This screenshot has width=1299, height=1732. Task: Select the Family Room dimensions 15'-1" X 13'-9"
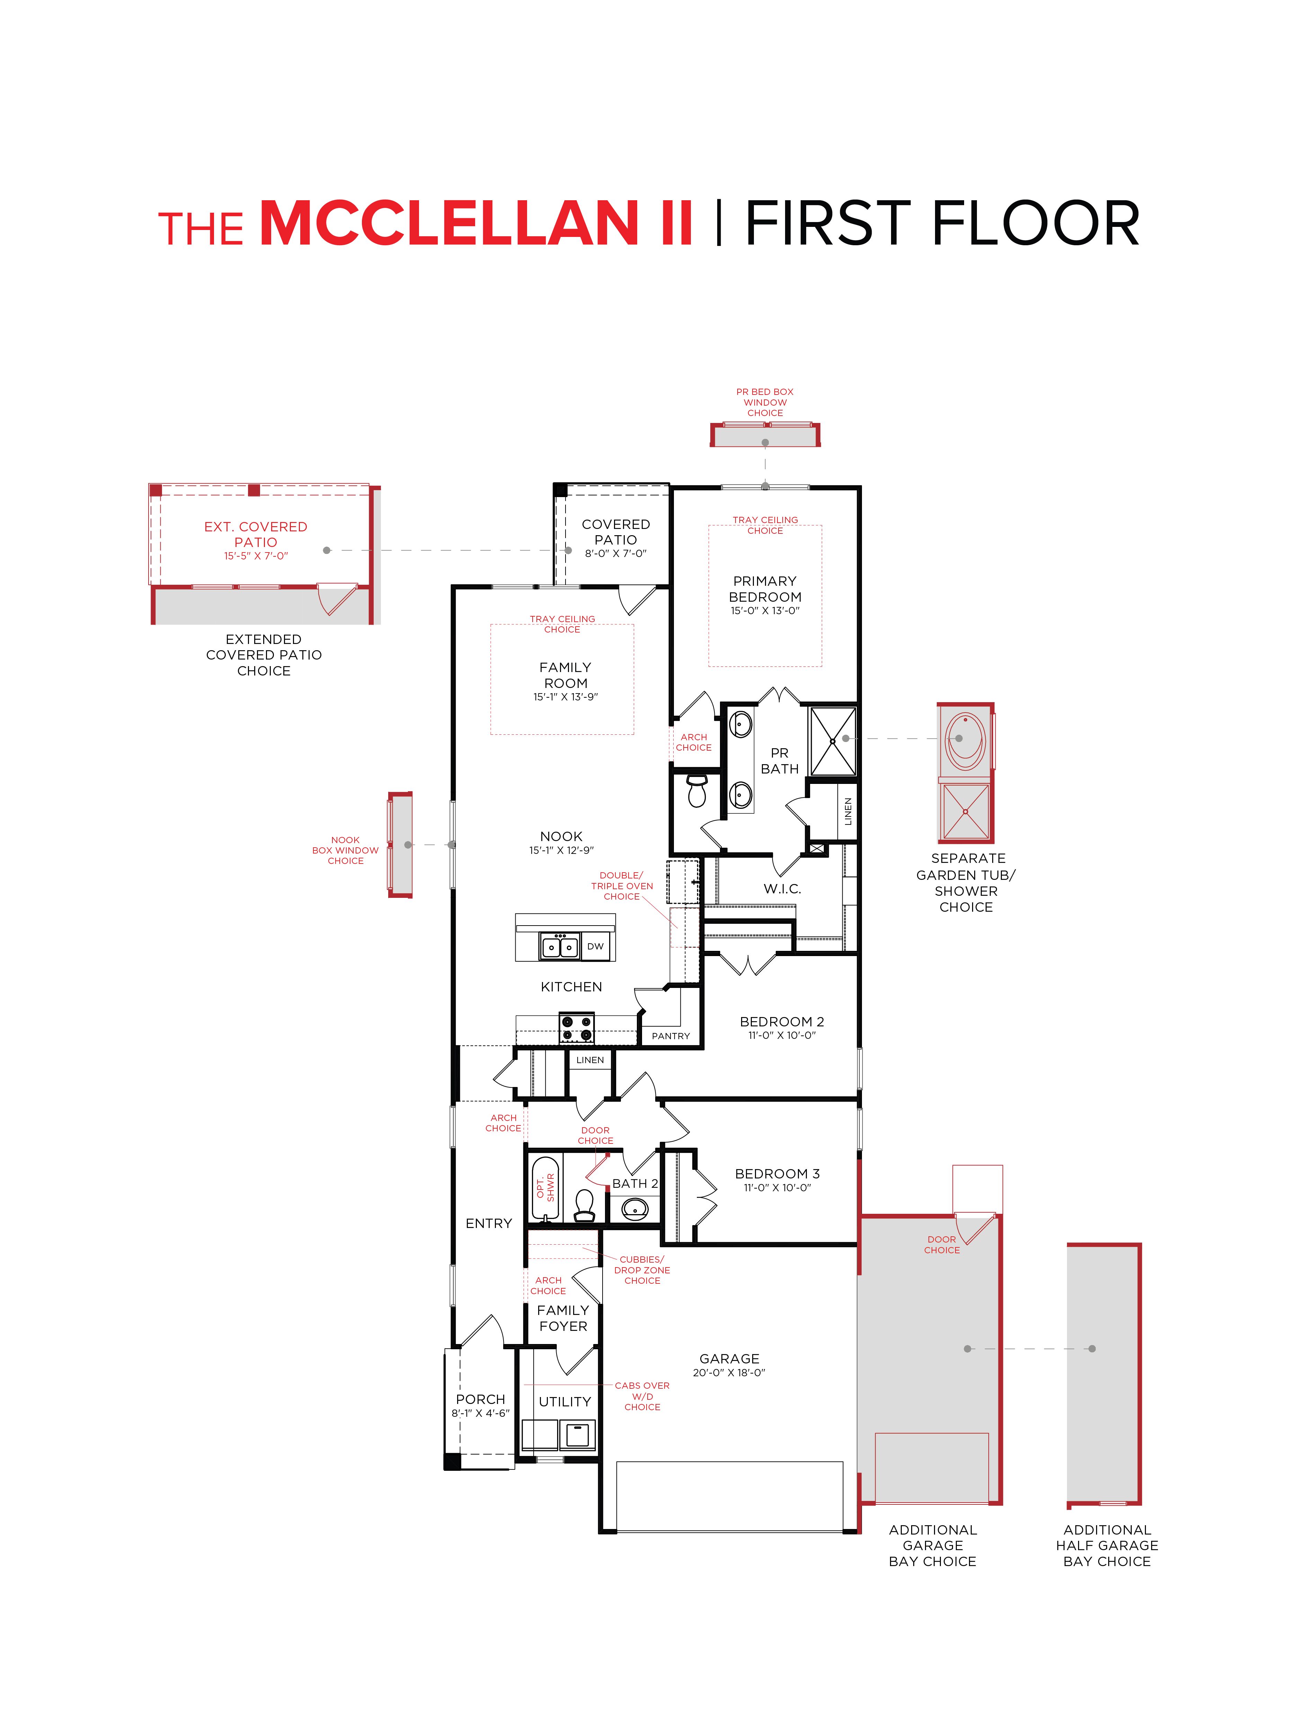coord(565,697)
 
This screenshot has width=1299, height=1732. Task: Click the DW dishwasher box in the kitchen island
coord(595,946)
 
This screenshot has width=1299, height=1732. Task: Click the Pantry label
coord(671,1036)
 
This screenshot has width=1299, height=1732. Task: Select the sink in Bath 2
coord(634,1210)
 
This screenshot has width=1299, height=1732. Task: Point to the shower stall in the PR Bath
coord(832,740)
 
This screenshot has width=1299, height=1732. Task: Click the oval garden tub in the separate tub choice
coord(966,740)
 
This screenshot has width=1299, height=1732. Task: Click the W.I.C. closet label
coord(782,889)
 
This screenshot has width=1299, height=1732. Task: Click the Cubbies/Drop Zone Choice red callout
coord(642,1270)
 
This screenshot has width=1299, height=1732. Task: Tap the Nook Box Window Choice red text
coord(345,850)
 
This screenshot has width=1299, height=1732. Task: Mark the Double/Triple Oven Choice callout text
coord(622,886)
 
